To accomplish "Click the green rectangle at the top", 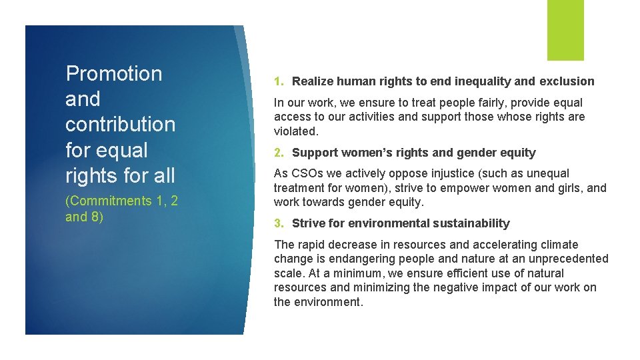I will pos(565,30).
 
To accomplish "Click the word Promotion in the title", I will pos(114,73).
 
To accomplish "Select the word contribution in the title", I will pos(121,125).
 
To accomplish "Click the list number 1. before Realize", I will pos(280,81).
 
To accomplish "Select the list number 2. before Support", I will pos(280,153).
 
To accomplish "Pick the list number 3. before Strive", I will pos(280,223).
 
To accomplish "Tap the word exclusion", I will pos(567,81).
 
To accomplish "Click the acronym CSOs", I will pos(305,174).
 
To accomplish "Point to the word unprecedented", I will pos(567,259).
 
